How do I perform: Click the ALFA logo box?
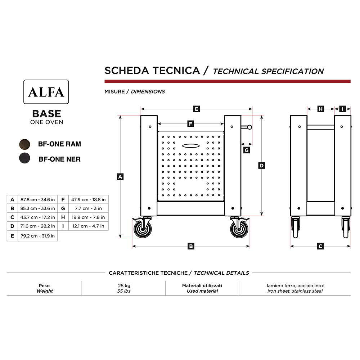pos(46,92)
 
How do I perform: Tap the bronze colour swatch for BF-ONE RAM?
pos(25,144)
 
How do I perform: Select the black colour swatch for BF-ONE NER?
pos(25,158)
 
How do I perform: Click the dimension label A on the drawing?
pos(120,176)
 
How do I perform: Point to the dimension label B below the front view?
pos(191,246)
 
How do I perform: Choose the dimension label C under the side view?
pos(320,246)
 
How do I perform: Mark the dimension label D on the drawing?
pos(262,166)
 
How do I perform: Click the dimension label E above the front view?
pos(196,109)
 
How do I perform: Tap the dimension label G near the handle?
pos(246,150)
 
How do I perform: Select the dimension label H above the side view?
pos(321,109)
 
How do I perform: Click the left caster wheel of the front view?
pos(143,229)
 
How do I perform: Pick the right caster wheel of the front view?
pos(239,229)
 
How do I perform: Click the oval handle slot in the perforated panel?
pos(191,145)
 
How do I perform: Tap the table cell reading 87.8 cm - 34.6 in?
pos(37,199)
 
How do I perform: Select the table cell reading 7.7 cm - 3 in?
pos(88,208)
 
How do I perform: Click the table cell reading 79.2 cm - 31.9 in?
pos(37,236)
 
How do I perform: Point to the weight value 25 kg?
pos(123,285)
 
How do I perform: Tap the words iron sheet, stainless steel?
pos(295,291)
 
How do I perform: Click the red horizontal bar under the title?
pos(227,81)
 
